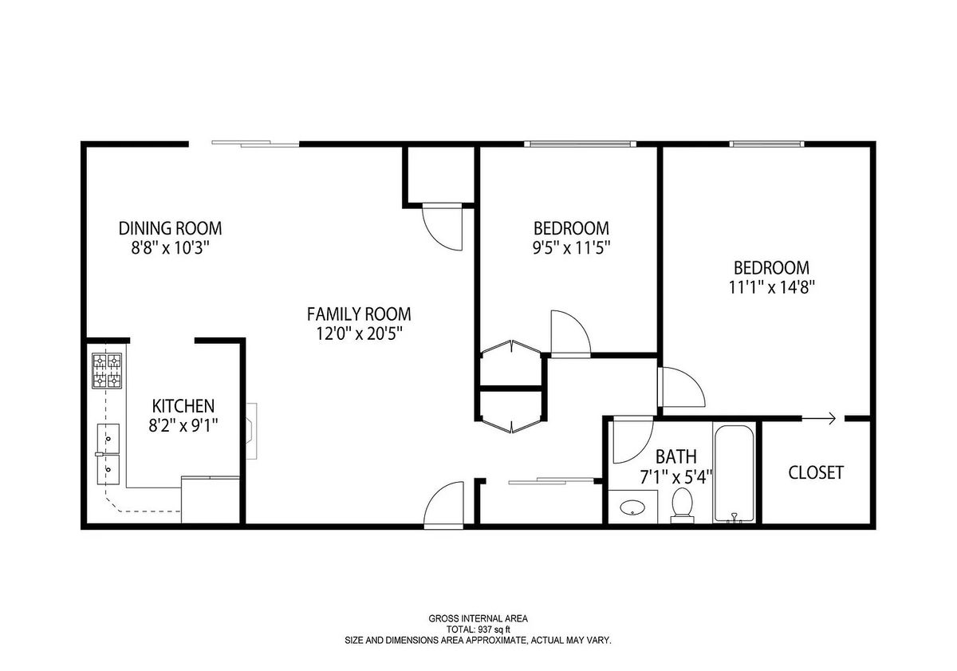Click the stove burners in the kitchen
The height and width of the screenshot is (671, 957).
[x=107, y=370]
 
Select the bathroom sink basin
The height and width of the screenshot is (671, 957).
[x=632, y=508]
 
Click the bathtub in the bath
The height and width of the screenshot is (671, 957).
[x=733, y=473]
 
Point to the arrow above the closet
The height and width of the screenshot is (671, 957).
[x=818, y=418]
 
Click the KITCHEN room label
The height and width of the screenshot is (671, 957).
[x=183, y=405]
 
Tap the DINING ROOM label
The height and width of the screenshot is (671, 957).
[x=170, y=228]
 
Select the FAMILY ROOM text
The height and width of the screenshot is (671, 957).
[x=359, y=314]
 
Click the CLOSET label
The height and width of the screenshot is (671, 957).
[x=816, y=472]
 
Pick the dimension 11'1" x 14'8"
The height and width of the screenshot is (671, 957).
[x=772, y=287]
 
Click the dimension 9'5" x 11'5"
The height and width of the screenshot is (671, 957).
[x=571, y=248]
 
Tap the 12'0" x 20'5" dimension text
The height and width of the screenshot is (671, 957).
[x=359, y=334]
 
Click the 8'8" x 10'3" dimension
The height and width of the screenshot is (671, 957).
[x=170, y=248]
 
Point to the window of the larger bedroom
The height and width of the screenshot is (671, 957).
[x=766, y=144]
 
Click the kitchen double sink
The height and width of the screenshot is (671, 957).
[x=108, y=454]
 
